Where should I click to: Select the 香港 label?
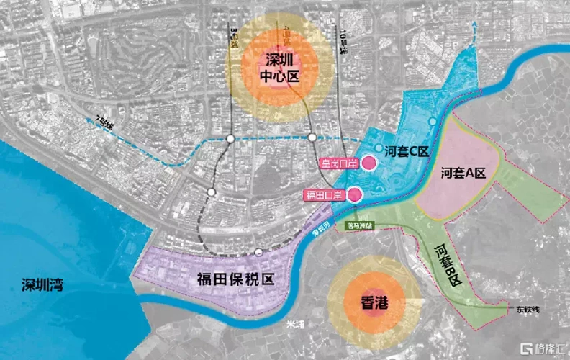[x=372, y=303]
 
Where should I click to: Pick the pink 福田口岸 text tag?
[x=324, y=194]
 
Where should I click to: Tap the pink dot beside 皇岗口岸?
[x=368, y=163]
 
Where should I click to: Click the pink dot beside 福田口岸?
[x=356, y=194]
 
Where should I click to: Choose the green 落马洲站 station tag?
[x=359, y=225]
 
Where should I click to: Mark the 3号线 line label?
[x=232, y=42]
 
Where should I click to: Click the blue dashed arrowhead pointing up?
[x=475, y=27]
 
